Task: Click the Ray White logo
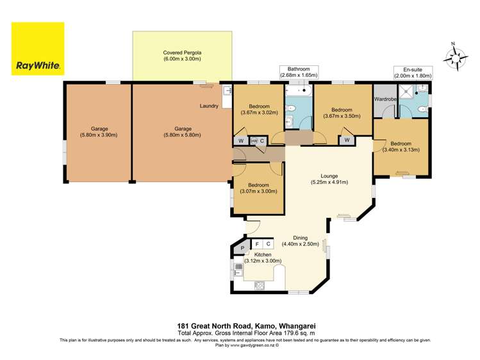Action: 38,49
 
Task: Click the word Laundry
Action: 209,106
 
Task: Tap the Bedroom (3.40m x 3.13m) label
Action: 400,147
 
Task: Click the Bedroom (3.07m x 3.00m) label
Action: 258,188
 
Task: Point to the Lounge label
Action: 329,179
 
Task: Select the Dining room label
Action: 296,240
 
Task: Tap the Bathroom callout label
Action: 299,72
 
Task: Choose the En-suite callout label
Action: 413,72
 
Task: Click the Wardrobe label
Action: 385,99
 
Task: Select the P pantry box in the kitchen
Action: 242,248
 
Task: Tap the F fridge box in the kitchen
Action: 257,244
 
